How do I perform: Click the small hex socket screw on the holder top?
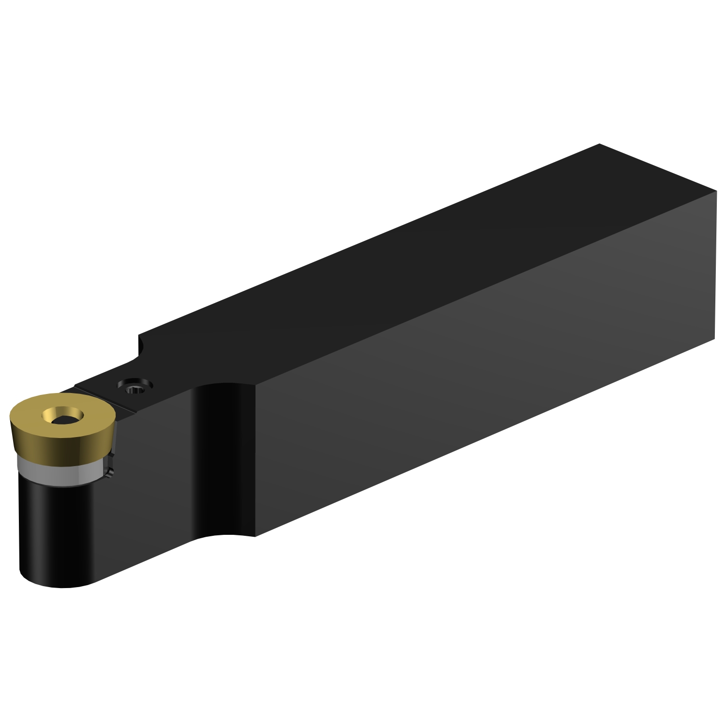point(135,388)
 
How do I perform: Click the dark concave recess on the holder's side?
point(218,460)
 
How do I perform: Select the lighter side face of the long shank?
point(484,363)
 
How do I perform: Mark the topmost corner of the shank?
point(599,144)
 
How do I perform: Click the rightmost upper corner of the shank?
point(716,191)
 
